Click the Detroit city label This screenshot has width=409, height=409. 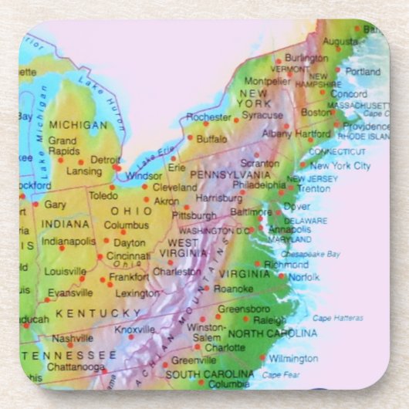click(x=105, y=160)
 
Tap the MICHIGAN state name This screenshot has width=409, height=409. click(x=78, y=124)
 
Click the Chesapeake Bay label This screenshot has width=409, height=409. click(x=310, y=253)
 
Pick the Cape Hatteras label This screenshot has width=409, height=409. click(x=337, y=318)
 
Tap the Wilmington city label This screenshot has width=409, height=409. click(x=292, y=358)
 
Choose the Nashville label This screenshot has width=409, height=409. click(x=73, y=338)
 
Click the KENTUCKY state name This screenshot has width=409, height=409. click(x=98, y=313)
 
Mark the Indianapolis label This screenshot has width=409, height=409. click(x=69, y=241)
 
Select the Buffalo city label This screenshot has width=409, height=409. click(x=211, y=140)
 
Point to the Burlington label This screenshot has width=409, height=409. click(x=306, y=58)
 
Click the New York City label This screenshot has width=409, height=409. click(x=340, y=165)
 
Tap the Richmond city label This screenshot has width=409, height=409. click(x=286, y=264)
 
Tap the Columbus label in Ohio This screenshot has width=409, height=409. click(x=126, y=225)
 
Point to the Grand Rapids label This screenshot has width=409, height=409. click(x=63, y=145)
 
